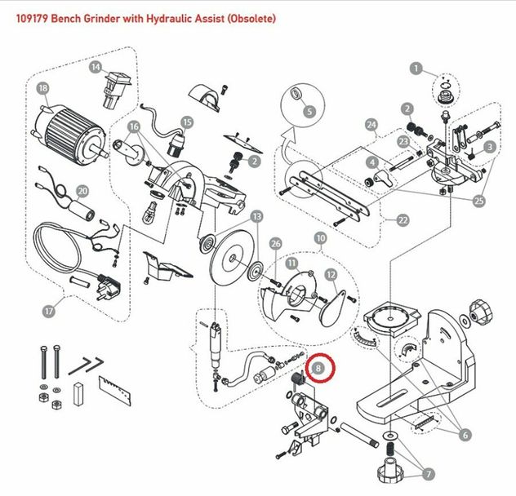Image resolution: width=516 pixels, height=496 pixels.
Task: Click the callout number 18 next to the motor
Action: click(42, 87)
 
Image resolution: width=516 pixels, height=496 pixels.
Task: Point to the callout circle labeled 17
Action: click(48, 310)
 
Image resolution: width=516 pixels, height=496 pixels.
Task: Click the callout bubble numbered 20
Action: click(82, 191)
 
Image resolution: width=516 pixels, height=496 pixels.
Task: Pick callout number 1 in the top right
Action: click(416, 69)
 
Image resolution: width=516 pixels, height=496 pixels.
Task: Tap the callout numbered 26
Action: click(275, 243)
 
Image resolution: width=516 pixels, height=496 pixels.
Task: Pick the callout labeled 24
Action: click(372, 125)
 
